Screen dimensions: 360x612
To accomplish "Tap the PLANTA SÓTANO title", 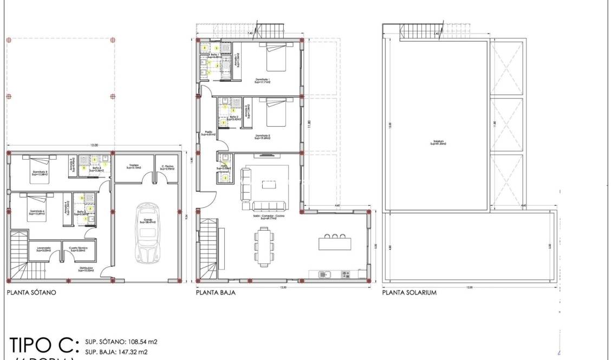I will tap(31, 292).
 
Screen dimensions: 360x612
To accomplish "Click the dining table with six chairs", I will tap(264, 246).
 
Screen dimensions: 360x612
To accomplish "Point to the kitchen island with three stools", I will tap(335, 243).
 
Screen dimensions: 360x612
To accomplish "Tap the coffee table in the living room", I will tap(269, 184).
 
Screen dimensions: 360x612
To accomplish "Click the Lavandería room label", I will tap(44, 250).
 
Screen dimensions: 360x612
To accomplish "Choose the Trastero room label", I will tap(134, 167).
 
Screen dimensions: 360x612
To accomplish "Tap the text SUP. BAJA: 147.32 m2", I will tap(116, 352).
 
